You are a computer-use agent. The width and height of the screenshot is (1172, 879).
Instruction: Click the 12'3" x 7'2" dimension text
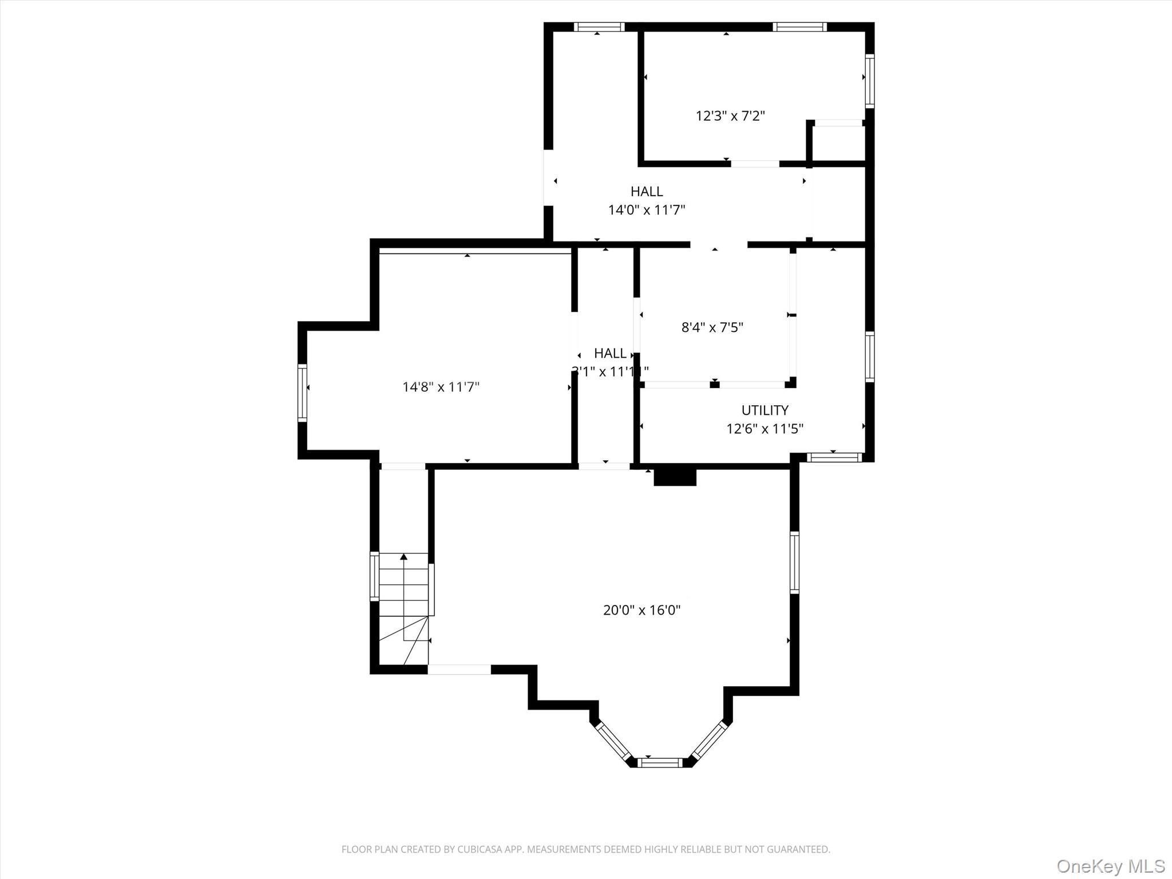tap(730, 116)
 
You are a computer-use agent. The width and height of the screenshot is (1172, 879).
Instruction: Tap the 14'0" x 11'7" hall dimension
tap(646, 210)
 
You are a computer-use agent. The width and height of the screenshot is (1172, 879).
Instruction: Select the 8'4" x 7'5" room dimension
tap(712, 327)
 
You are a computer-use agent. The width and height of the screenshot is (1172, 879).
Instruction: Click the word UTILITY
tap(765, 410)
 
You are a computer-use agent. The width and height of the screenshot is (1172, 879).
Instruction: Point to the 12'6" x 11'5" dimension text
tap(765, 429)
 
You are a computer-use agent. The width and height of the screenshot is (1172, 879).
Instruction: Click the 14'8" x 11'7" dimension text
tap(441, 387)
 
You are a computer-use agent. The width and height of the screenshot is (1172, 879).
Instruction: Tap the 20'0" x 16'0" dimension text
tap(642, 610)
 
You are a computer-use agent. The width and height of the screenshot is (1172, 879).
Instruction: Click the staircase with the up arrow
tap(403, 607)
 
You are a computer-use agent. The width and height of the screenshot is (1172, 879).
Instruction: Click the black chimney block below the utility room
tap(675, 477)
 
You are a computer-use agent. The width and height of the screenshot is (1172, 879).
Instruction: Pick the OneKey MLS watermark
tap(1110, 865)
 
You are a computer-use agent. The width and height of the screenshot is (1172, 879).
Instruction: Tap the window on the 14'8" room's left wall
tap(302, 393)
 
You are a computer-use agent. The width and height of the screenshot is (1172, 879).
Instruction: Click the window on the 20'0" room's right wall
tap(794, 562)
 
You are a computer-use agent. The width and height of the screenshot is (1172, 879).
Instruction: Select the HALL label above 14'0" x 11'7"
tap(647, 191)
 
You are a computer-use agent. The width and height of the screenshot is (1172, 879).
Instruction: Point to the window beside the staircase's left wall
tap(374, 576)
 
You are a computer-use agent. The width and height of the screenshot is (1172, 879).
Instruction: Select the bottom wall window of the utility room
tap(834, 457)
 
